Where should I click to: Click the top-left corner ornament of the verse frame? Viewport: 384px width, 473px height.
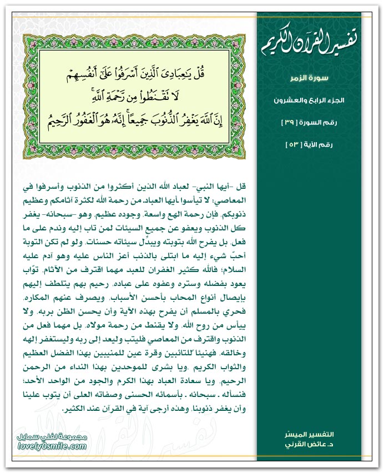click(x=31, y=42)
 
